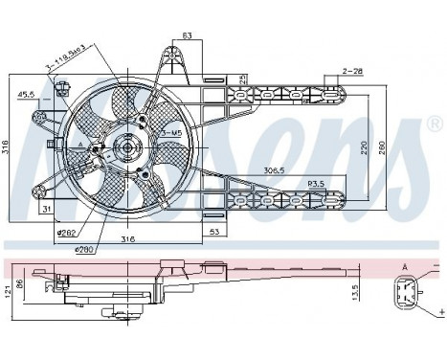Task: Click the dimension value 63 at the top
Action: pyautogui.click(x=187, y=36)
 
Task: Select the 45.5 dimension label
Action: pyautogui.click(x=26, y=93)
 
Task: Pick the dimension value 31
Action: pyautogui.click(x=45, y=208)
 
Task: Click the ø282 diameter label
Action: pyautogui.click(x=66, y=232)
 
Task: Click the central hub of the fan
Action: pyautogui.click(x=124, y=147)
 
